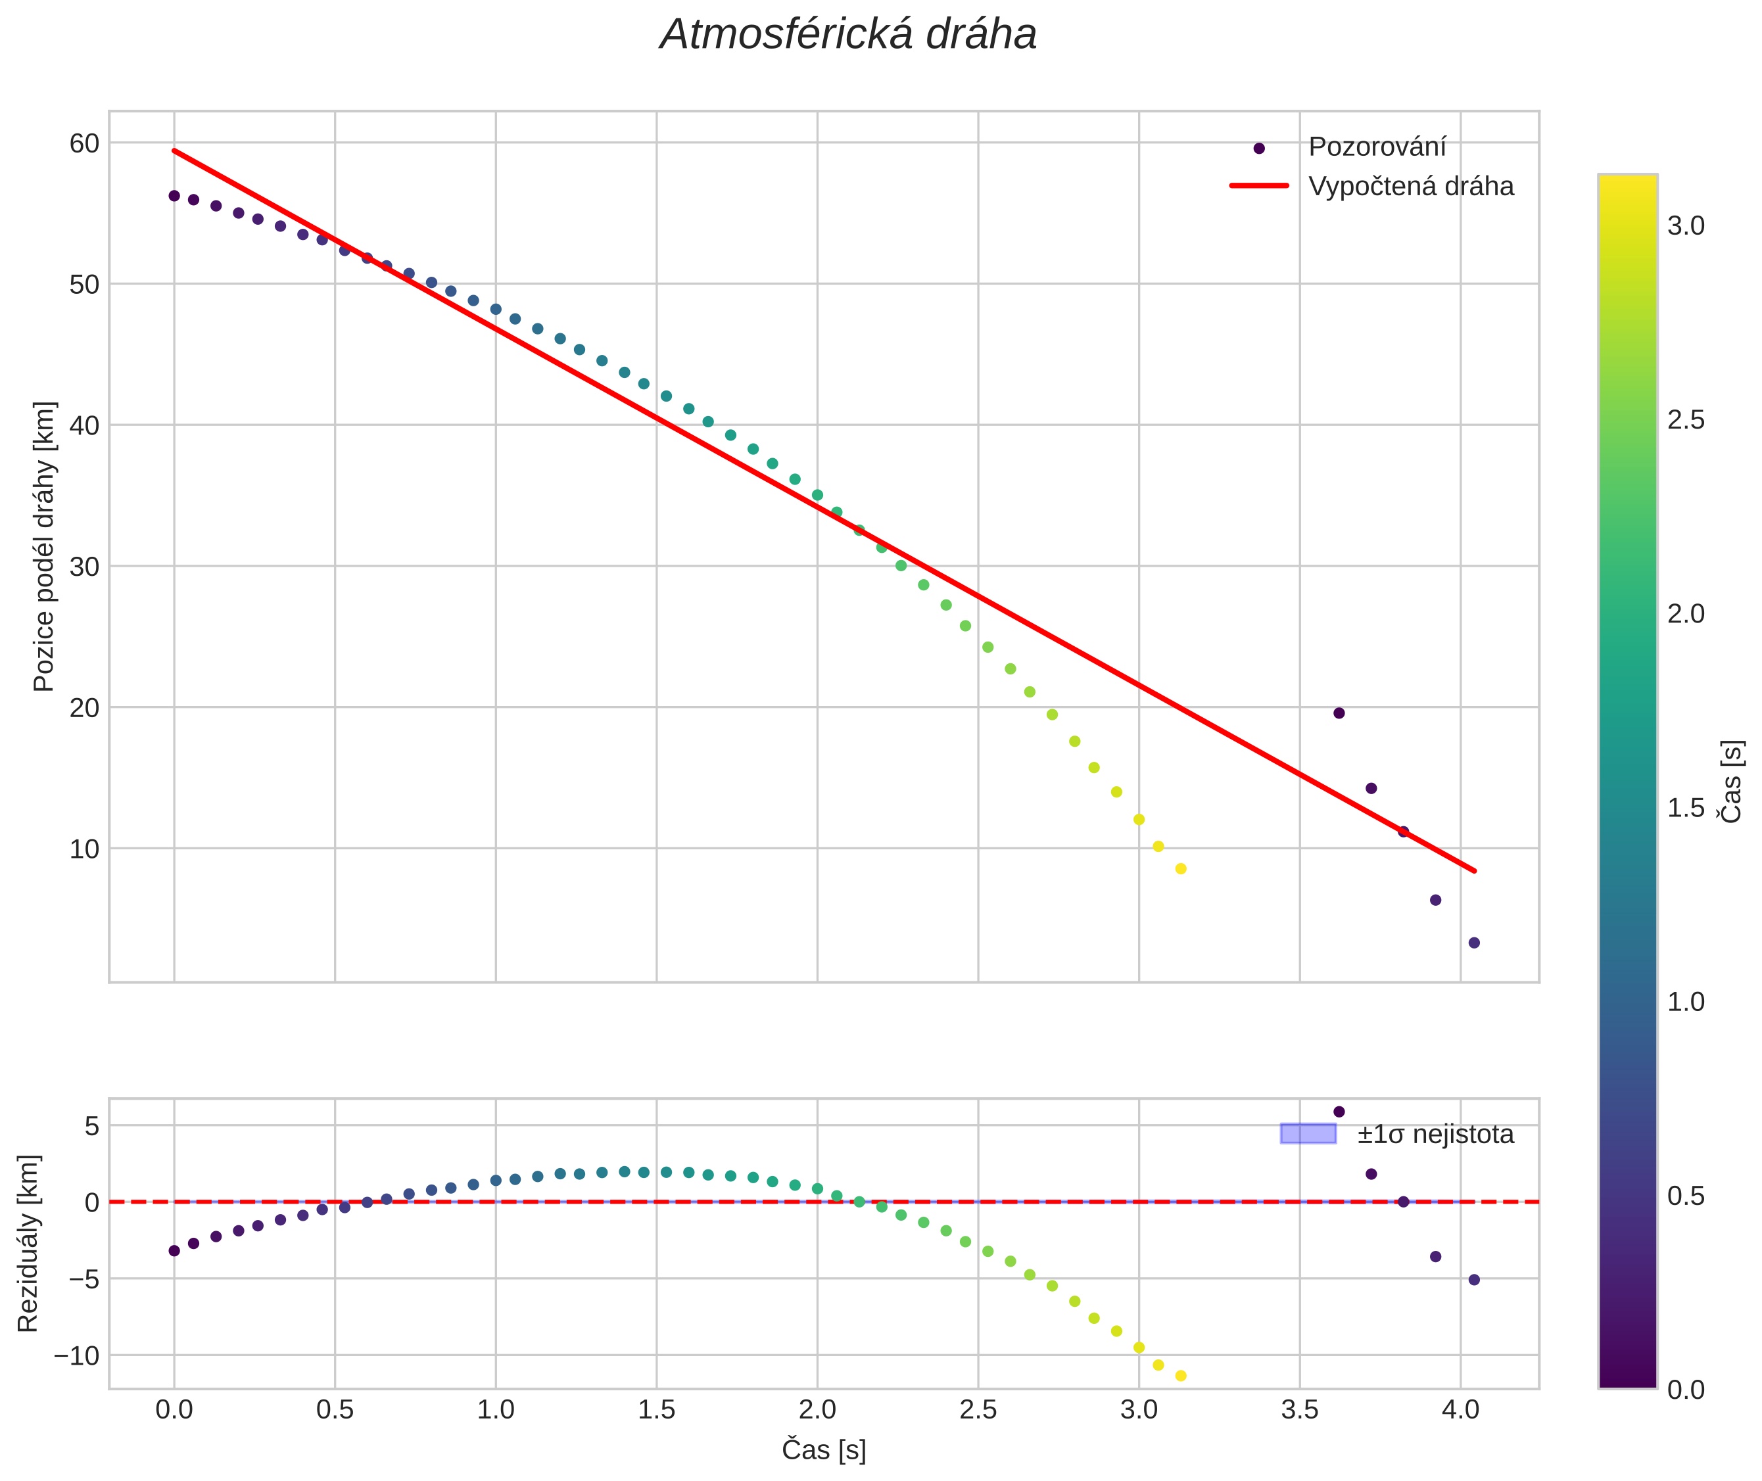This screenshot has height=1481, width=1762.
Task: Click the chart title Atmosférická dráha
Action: [847, 35]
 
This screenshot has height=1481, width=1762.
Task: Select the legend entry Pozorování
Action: [1377, 147]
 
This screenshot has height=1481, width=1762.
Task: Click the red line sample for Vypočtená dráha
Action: [1259, 185]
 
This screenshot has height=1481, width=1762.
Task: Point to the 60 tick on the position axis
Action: [84, 143]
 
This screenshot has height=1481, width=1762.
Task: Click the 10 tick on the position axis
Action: [84, 849]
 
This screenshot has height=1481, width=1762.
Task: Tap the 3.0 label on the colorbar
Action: [1686, 226]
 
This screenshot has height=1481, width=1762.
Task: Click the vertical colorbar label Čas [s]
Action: [1732, 781]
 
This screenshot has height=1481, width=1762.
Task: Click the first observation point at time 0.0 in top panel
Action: [174, 196]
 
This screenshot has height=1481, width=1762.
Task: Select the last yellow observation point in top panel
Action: [1181, 869]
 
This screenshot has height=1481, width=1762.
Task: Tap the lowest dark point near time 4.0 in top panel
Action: [1474, 943]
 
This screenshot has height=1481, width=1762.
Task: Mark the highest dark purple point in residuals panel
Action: [1339, 1112]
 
